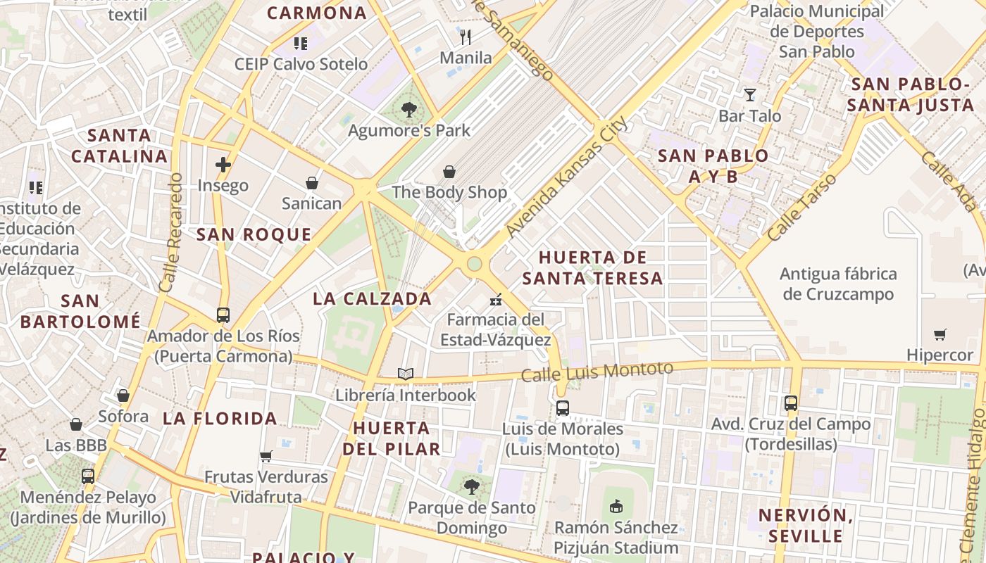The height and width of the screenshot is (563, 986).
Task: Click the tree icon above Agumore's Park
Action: (408, 110)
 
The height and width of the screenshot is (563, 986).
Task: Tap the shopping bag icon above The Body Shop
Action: (449, 172)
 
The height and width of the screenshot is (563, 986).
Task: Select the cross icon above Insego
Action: (223, 165)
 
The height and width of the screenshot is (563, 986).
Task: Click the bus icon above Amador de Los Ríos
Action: (223, 315)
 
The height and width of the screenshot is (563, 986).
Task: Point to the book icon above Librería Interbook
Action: (405, 374)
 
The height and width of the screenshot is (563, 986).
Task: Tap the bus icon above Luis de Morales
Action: (562, 407)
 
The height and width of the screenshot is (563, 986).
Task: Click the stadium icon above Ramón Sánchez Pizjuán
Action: (616, 506)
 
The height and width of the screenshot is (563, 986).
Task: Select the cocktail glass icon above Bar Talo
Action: (749, 95)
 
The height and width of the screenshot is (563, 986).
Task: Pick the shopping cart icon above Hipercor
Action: (940, 334)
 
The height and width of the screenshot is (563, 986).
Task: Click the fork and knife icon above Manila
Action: (465, 37)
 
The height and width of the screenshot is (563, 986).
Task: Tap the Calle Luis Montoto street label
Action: (597, 372)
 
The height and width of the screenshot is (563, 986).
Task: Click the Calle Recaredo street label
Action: (170, 233)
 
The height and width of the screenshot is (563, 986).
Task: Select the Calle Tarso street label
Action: (802, 207)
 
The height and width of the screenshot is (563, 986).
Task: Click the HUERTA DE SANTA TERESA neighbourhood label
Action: (592, 267)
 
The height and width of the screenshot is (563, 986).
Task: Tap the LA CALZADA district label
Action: (372, 298)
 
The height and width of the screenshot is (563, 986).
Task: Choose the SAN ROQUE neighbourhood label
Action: (254, 234)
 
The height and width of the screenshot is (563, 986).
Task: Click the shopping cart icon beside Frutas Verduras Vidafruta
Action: (266, 456)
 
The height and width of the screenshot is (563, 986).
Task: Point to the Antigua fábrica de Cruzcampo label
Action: (838, 284)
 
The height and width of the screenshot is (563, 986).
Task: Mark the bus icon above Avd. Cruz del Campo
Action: (791, 403)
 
